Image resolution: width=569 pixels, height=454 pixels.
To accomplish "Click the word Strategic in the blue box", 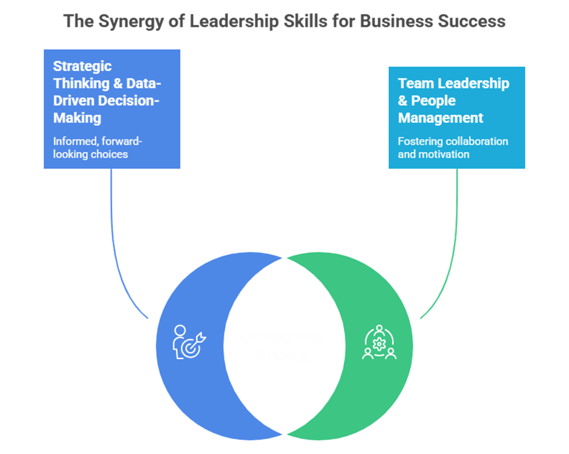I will click(x=82, y=66).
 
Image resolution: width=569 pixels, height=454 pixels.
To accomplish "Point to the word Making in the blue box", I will click(x=76, y=118).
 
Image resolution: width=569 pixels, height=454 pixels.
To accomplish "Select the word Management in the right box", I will click(x=441, y=117).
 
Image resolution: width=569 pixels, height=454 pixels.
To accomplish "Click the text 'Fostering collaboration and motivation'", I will click(x=452, y=148).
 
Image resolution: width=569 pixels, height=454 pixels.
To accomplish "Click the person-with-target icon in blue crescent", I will click(x=188, y=343).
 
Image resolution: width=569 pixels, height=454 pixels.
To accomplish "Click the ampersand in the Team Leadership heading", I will click(x=404, y=100).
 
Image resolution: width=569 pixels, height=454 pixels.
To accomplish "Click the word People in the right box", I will click(x=433, y=100).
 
